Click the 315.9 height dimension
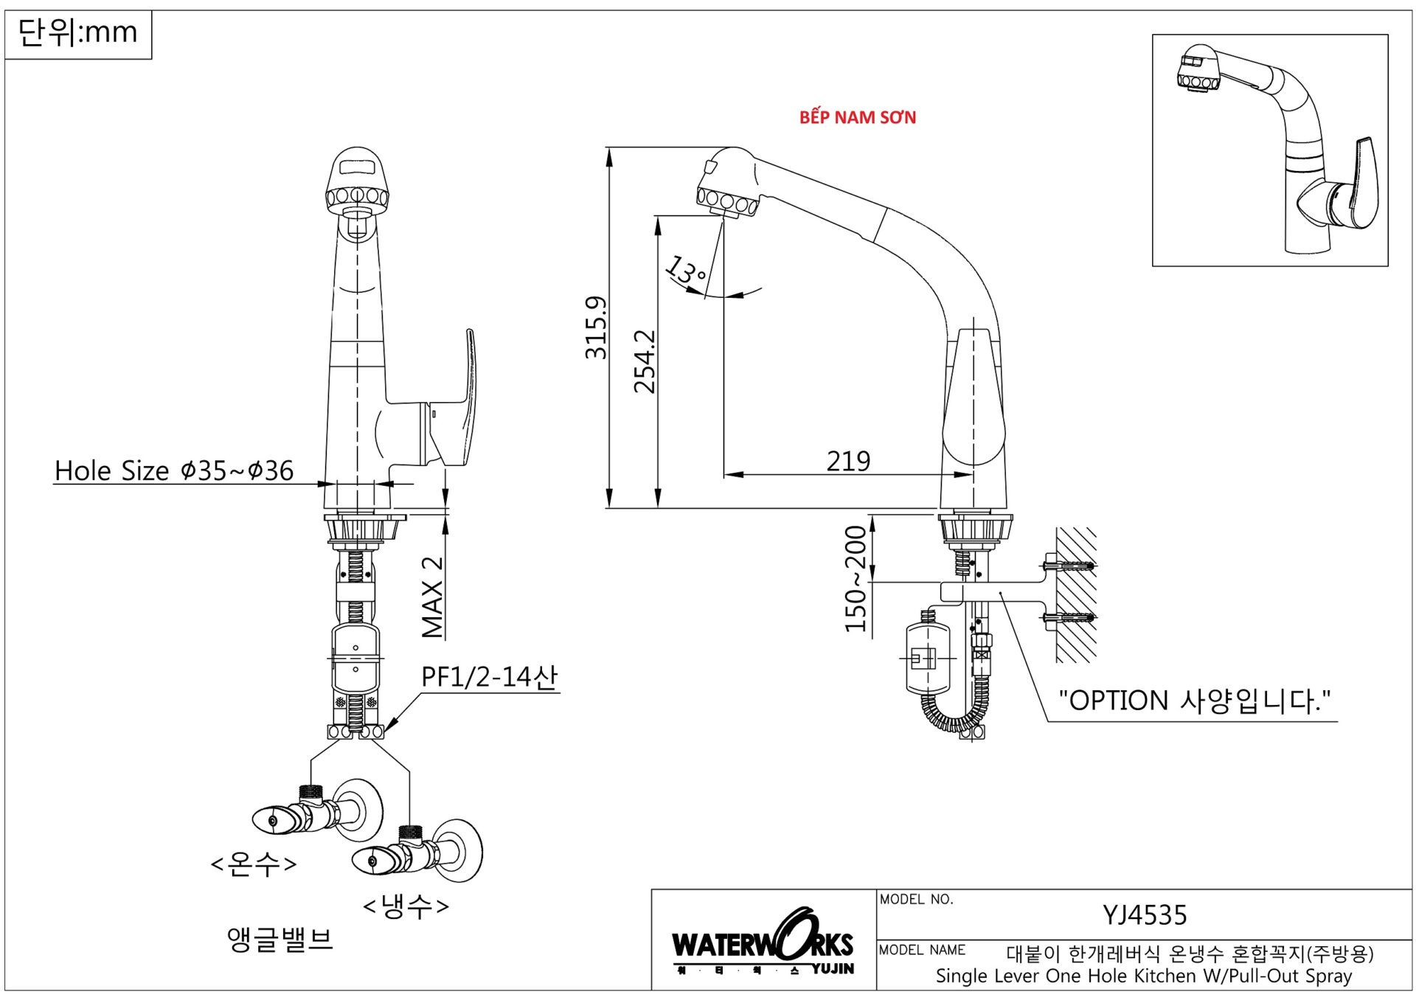tap(596, 327)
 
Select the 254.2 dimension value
tap(645, 361)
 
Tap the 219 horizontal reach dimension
tap(848, 462)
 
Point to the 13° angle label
tap(686, 271)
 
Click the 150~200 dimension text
tap(855, 579)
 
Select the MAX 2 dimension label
tap(433, 597)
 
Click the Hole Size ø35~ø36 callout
tap(174, 471)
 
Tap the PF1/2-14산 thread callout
tap(489, 677)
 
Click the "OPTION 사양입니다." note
tap(1194, 701)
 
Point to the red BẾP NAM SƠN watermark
tap(858, 117)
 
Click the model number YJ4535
tap(1144, 915)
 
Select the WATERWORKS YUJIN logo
tap(763, 944)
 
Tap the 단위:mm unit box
tap(77, 33)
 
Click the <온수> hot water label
tap(254, 864)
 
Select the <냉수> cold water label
tap(406, 906)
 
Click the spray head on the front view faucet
tap(357, 181)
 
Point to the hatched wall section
tap(1075, 594)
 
